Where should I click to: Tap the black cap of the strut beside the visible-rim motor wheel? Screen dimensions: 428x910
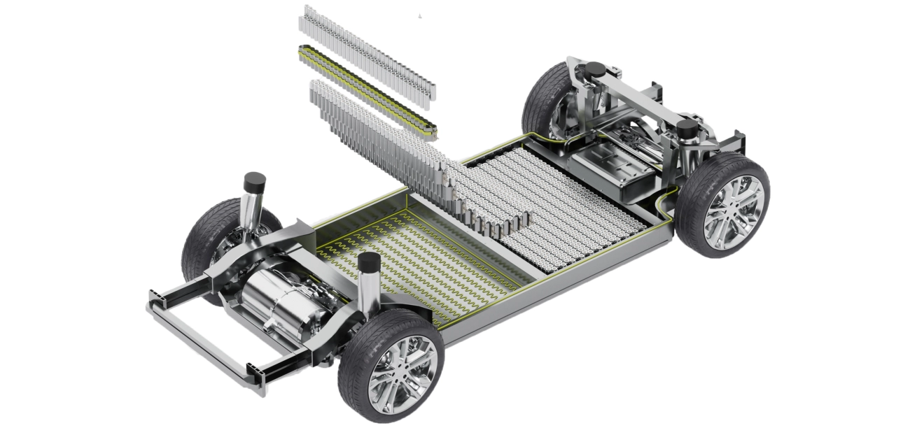(368, 264)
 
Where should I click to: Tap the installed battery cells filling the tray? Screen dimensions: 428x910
(574, 203)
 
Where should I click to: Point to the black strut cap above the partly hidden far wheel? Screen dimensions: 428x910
(594, 69)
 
